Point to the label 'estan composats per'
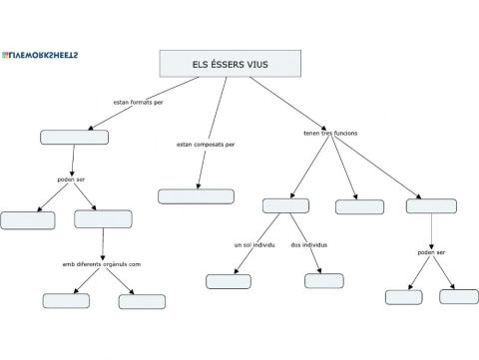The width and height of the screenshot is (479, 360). (x=206, y=145)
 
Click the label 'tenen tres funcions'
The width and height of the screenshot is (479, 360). (x=330, y=133)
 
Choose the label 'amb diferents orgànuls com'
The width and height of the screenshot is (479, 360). (x=102, y=264)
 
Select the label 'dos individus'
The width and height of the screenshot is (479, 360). (x=309, y=244)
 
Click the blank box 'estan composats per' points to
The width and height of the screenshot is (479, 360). (x=196, y=196)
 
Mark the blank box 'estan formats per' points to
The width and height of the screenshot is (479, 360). (x=75, y=137)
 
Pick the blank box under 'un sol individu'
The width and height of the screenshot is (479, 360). (x=229, y=281)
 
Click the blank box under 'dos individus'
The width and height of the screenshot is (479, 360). (x=323, y=281)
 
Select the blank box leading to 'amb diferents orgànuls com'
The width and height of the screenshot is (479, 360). (x=103, y=219)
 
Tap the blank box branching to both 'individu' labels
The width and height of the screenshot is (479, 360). (x=286, y=206)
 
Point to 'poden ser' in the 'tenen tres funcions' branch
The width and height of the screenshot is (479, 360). (x=431, y=252)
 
